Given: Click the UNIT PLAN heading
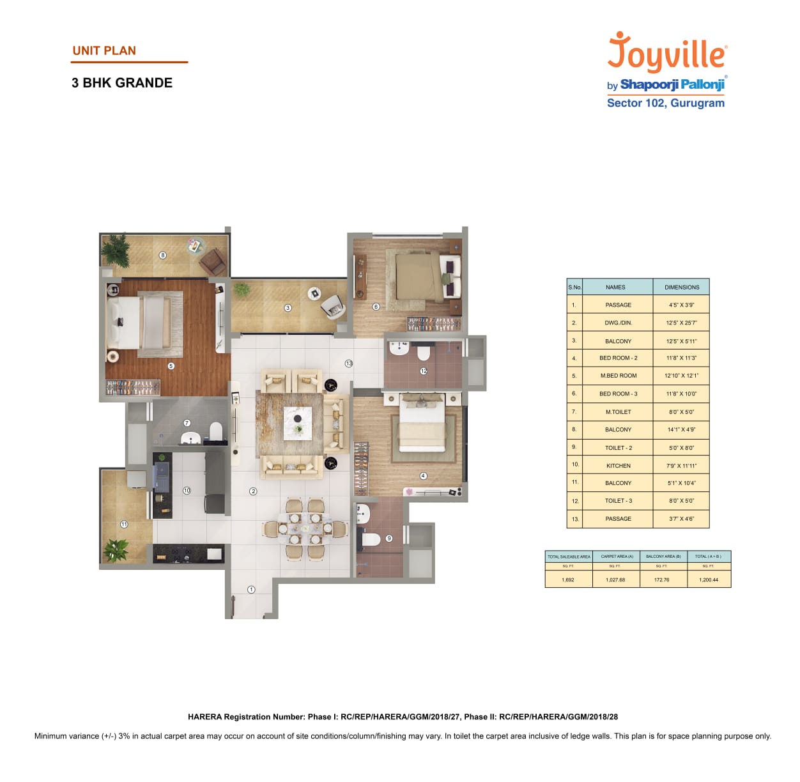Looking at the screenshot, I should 104,51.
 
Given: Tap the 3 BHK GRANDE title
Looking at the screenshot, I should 122,83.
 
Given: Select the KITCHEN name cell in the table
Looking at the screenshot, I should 618,466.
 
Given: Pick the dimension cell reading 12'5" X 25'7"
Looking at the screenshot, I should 681,323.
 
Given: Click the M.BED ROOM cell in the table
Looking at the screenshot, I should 618,376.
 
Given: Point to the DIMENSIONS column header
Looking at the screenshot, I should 681,287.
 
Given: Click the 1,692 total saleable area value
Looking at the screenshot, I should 567,580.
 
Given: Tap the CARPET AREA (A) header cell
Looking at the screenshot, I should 617,556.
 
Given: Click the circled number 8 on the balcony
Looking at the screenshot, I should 163,255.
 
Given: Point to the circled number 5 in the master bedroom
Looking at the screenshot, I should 171,366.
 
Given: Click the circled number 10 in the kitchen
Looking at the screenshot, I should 187,491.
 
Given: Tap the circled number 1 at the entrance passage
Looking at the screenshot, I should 251,590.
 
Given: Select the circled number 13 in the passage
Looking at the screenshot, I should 349,364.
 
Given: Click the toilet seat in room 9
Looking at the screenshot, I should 371,539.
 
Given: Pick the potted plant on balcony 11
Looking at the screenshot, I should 116,549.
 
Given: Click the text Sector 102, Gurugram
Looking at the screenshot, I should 665,103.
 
